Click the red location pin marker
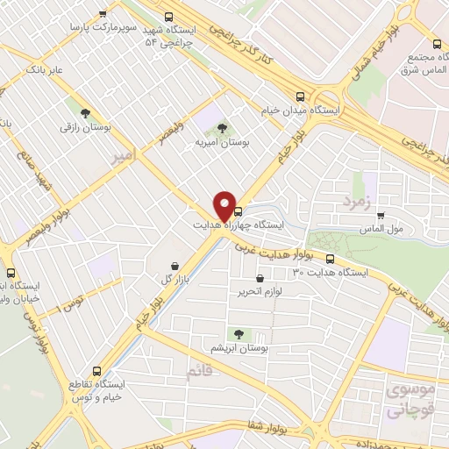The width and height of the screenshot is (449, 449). tap(225, 205)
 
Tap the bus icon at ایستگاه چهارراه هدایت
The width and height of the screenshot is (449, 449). tap(239, 211)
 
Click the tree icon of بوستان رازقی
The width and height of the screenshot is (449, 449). tap(85, 113)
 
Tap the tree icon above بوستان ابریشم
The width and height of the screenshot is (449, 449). tap(239, 333)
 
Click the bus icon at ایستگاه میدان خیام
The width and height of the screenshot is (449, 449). tap(301, 97)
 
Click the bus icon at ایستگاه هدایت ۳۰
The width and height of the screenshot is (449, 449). tap(331, 258)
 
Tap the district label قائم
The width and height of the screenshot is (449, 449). tap(200, 373)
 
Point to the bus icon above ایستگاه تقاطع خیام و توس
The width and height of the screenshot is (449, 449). tap(95, 370)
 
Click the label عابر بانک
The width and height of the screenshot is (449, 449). tap(46, 68)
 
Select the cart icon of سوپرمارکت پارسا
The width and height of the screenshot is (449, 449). tap(103, 13)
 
